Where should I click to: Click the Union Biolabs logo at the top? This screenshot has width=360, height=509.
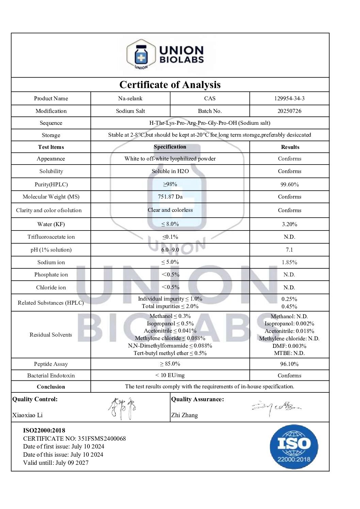click(166, 55)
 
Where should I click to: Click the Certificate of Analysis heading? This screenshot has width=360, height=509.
click(170, 85)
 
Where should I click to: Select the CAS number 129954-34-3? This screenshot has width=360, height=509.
click(289, 99)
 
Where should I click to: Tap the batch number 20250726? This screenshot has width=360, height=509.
click(289, 111)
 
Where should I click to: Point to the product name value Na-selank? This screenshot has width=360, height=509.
click(130, 99)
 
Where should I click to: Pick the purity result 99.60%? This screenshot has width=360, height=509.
click(290, 185)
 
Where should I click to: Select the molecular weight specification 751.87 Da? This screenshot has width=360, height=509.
click(170, 197)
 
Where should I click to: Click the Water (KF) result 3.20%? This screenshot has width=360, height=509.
click(290, 224)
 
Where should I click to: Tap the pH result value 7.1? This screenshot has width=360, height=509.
click(289, 250)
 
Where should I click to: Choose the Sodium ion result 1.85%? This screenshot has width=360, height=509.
click(290, 262)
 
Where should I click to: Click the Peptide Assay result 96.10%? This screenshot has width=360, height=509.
click(290, 364)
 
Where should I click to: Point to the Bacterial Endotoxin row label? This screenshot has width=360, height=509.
click(51, 376)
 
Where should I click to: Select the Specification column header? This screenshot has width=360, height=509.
click(170, 147)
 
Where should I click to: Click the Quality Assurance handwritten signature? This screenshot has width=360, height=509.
click(276, 407)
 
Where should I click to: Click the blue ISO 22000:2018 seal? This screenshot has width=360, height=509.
click(294, 447)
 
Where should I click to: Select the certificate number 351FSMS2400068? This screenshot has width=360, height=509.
click(102, 439)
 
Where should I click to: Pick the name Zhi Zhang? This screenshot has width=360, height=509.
click(184, 415)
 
